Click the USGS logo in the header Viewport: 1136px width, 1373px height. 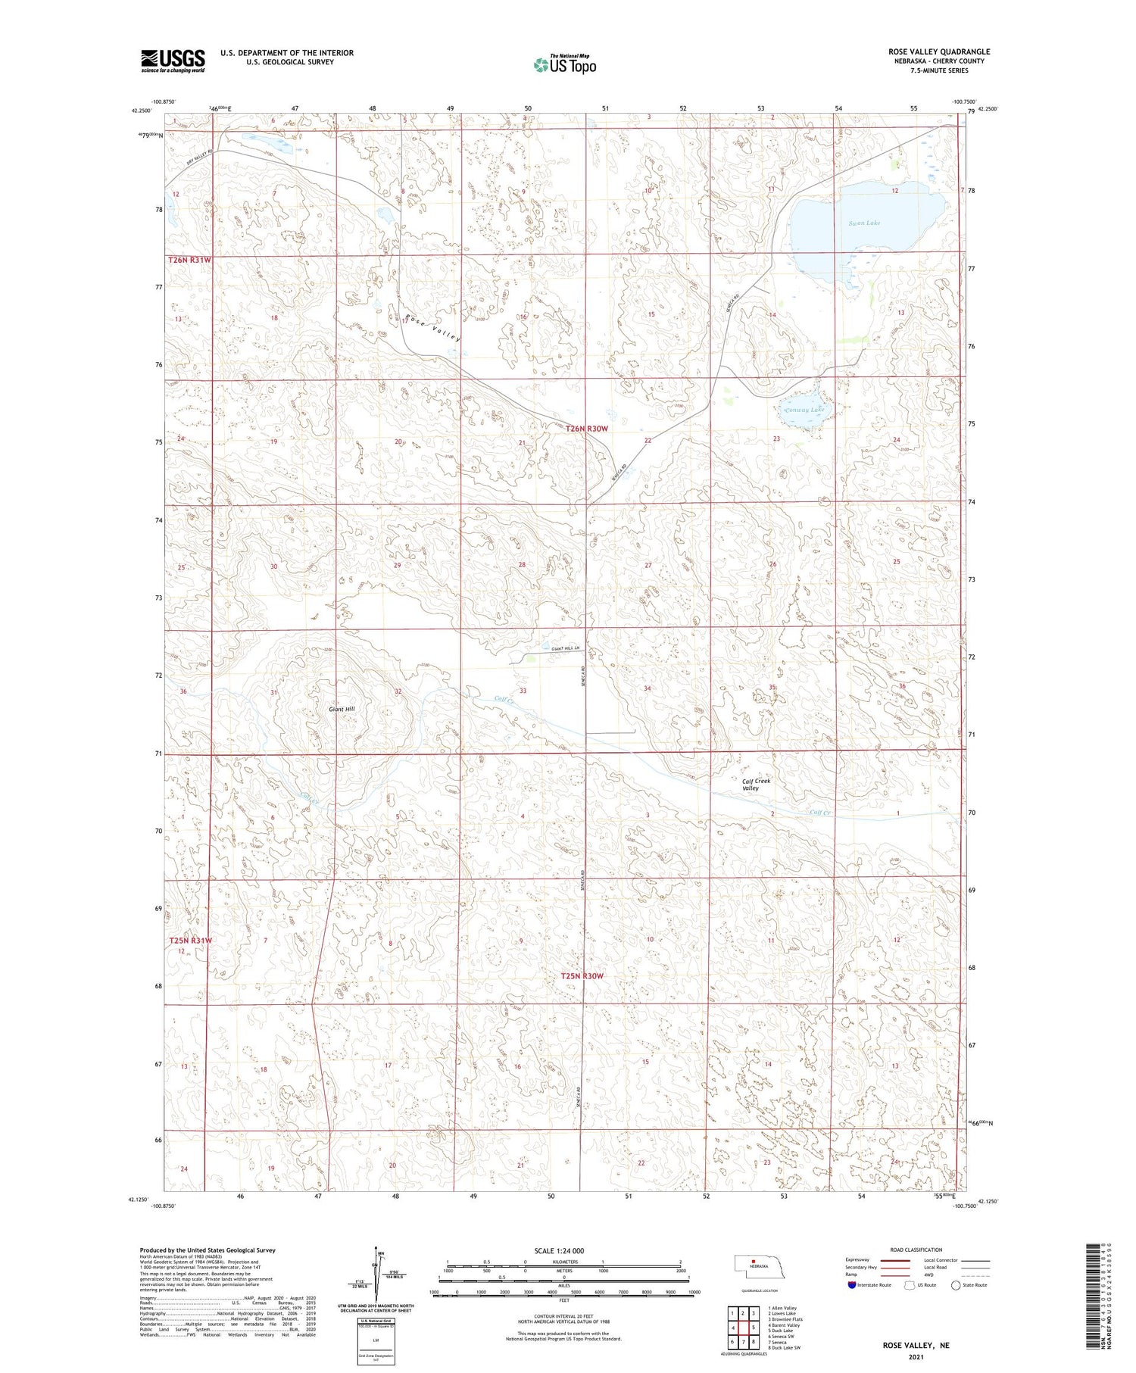(x=173, y=61)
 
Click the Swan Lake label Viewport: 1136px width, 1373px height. (x=864, y=223)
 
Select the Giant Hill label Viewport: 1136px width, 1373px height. (x=342, y=709)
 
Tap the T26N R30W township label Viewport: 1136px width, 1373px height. (x=587, y=429)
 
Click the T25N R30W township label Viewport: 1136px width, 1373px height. (x=582, y=976)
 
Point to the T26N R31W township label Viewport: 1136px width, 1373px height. (x=189, y=260)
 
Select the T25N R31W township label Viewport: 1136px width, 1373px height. (x=190, y=940)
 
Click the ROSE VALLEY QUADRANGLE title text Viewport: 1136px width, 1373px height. (x=939, y=51)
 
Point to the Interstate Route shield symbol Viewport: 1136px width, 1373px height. (x=853, y=1284)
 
